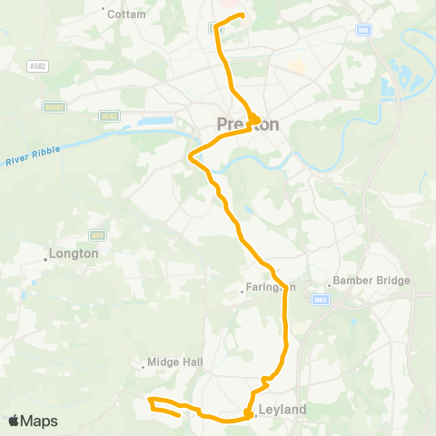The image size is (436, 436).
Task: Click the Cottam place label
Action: [x=126, y=15]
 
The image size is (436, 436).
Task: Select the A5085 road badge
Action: [x=54, y=106]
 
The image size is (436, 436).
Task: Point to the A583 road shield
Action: [x=109, y=116]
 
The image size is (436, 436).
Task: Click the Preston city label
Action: [x=247, y=124]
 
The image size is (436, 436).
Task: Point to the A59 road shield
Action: [x=98, y=235]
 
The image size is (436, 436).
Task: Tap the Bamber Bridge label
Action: [x=372, y=282]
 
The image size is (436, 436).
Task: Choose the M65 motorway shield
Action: [x=320, y=299]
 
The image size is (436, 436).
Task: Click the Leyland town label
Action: [x=282, y=411]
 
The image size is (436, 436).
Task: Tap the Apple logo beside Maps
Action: [x=15, y=421]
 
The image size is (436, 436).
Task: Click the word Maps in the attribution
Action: [x=41, y=421]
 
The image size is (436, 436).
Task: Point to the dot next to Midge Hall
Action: [x=144, y=368]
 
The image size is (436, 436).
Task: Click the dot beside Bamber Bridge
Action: [x=333, y=281]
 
